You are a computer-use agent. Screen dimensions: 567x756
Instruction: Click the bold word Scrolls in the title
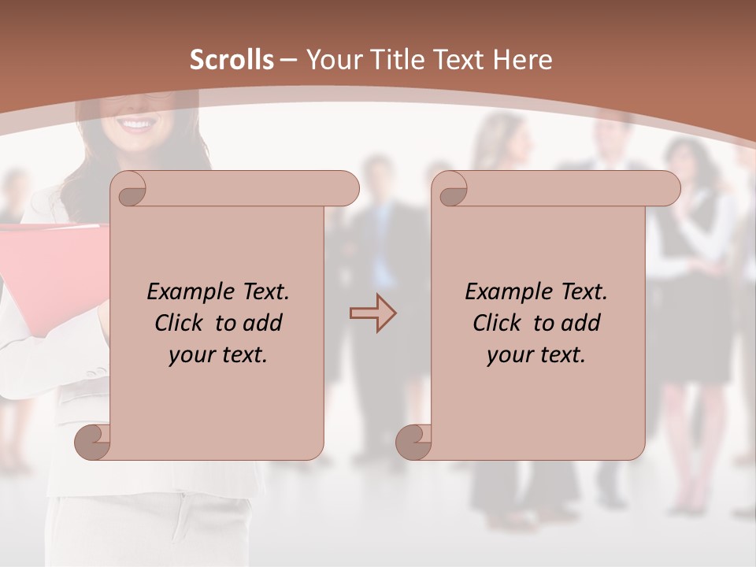(232, 59)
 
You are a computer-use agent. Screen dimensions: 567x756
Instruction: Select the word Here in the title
(523, 59)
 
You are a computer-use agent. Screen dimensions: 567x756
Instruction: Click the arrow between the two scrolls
(372, 313)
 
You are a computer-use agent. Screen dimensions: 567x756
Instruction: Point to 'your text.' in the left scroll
(218, 354)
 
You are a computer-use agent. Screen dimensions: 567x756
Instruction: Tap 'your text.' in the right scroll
(536, 354)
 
